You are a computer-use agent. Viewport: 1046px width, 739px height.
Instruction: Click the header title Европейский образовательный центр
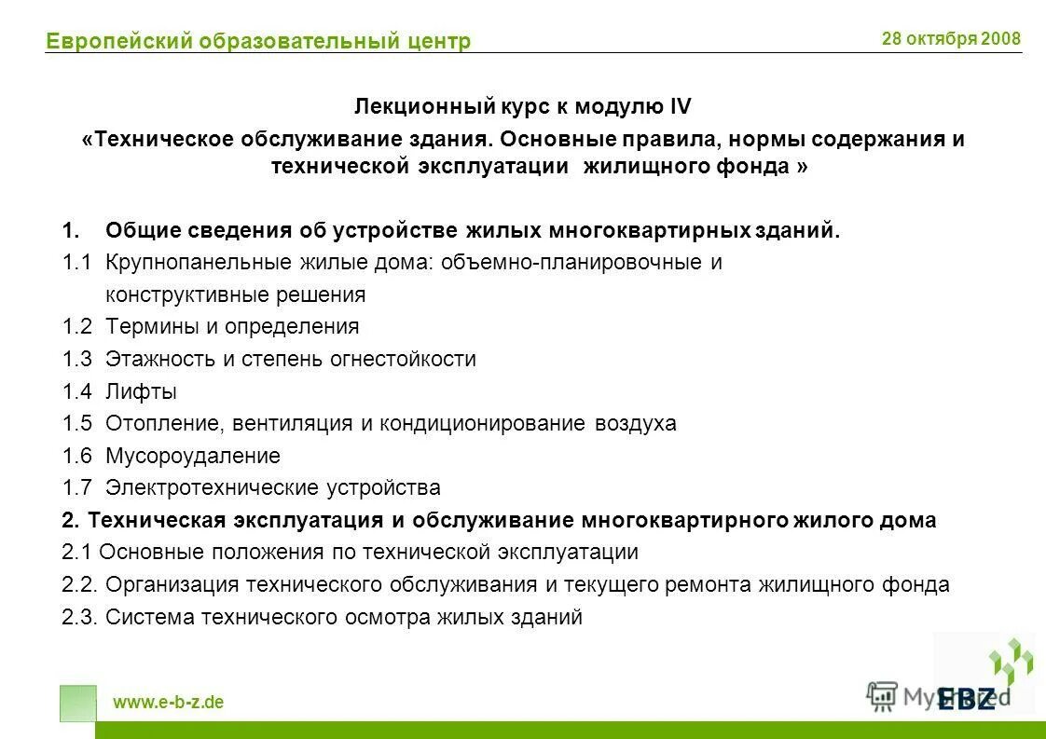[258, 41]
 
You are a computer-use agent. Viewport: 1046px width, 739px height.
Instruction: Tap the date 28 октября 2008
[951, 39]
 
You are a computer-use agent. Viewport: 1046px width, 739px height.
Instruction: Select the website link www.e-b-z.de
[169, 703]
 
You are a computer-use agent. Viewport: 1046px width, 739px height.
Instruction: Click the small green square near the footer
[77, 704]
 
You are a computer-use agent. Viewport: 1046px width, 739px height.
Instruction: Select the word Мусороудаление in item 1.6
[193, 456]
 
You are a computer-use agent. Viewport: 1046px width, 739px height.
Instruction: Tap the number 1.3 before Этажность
[77, 359]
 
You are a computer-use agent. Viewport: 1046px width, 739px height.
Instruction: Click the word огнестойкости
[403, 359]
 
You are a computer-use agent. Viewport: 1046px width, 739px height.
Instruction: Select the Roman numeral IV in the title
[680, 107]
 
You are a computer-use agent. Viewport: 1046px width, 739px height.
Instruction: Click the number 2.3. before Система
[79, 616]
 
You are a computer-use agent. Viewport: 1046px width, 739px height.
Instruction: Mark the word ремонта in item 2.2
[703, 584]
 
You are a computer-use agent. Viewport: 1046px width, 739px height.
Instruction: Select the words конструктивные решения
[235, 295]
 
